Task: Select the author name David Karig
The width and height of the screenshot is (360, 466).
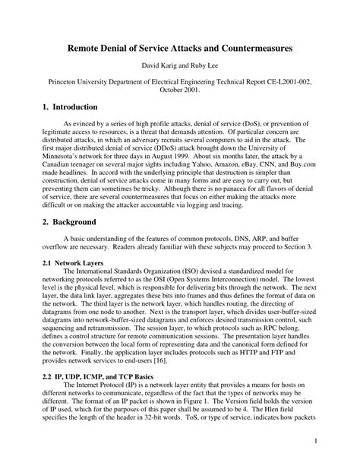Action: [x=158, y=65]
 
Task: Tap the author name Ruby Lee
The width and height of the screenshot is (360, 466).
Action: [x=205, y=65]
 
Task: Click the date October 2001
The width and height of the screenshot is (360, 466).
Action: [x=179, y=88]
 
